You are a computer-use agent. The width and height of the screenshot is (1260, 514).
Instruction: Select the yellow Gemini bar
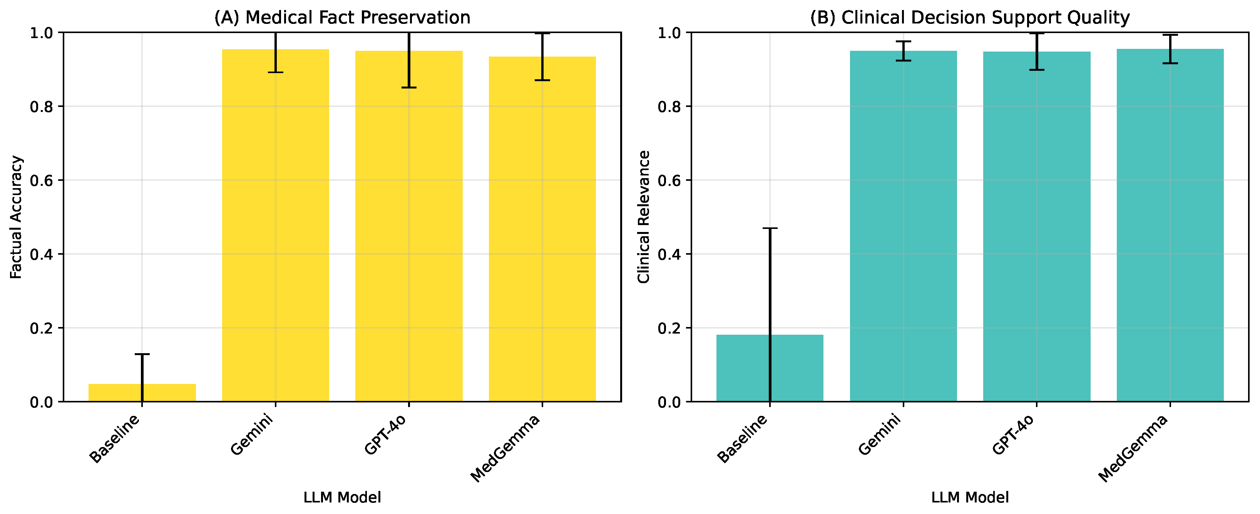click(x=275, y=225)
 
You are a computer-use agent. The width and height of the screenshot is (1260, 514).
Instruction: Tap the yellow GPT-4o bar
click(x=409, y=226)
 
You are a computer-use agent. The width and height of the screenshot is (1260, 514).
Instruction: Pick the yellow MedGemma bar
click(x=542, y=229)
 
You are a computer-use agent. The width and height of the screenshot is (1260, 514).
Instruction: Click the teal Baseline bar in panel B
click(x=770, y=368)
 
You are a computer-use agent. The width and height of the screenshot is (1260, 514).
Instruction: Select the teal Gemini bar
click(x=904, y=226)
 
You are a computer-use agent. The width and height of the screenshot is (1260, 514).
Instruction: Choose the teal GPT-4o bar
click(x=1036, y=227)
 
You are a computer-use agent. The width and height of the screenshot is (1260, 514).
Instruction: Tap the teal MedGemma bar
click(x=1170, y=225)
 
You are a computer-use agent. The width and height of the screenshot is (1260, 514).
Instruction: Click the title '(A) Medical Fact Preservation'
click(x=342, y=18)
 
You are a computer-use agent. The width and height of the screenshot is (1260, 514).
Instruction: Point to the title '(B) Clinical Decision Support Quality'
click(x=970, y=18)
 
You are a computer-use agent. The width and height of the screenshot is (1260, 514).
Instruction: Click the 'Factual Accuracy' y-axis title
click(x=16, y=217)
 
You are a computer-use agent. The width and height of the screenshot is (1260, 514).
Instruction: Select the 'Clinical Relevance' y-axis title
click(x=644, y=217)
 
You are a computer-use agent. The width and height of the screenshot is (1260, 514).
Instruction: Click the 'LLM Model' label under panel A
click(x=342, y=497)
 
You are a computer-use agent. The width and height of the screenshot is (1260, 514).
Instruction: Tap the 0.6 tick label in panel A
click(x=42, y=180)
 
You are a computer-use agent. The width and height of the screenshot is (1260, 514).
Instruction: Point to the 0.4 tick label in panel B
click(x=669, y=254)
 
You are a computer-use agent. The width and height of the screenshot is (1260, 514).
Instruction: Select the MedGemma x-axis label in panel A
click(x=505, y=448)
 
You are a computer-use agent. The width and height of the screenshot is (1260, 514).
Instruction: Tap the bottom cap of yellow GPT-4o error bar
click(x=409, y=88)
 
